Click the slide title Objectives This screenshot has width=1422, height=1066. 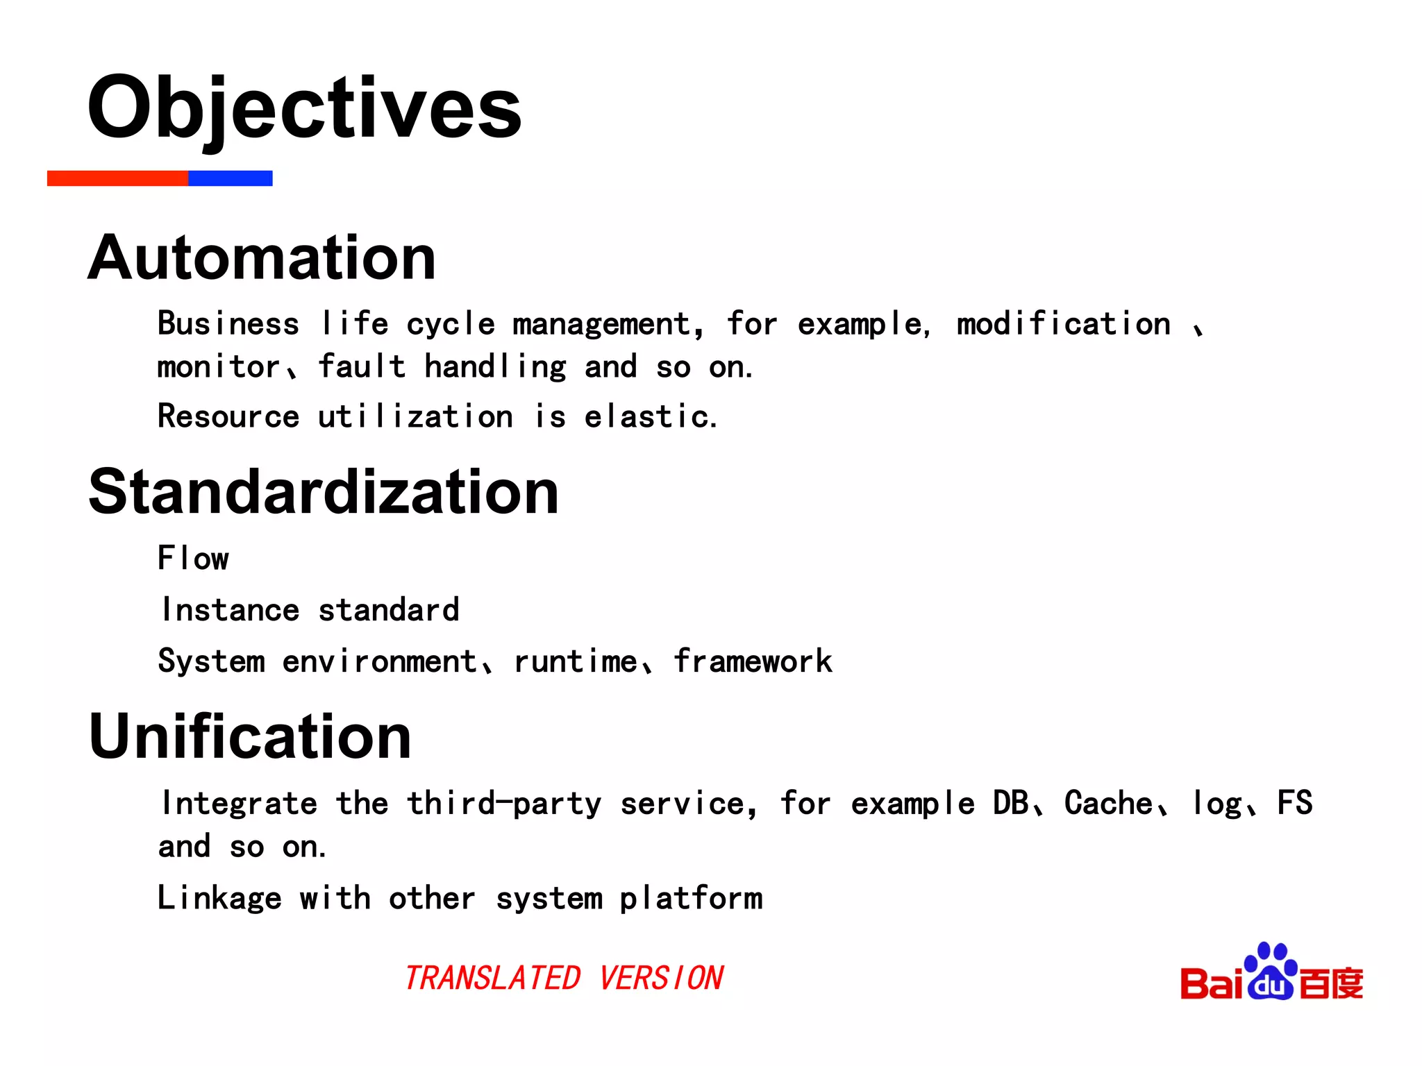tap(303, 108)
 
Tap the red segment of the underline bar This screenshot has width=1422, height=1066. tap(117, 178)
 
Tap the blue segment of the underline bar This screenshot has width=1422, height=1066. tap(230, 178)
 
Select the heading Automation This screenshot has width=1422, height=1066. tap(262, 257)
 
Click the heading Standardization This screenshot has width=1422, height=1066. tap(324, 491)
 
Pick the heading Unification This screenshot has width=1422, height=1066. tap(250, 736)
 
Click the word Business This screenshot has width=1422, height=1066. tap(228, 324)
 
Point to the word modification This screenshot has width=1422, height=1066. tap(1063, 324)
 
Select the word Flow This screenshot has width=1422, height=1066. tap(193, 558)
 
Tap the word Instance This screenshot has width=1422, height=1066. tap(230, 610)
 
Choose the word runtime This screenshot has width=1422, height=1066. tap(575, 661)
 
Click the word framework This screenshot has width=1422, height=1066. tap(753, 661)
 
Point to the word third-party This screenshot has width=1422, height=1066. tap(504, 804)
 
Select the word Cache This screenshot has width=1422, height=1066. tap(1108, 804)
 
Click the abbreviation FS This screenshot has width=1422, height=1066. tap(1295, 804)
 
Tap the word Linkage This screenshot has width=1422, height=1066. tap(219, 898)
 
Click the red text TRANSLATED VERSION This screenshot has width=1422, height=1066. tap(564, 979)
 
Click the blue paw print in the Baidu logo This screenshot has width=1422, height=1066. tap(1271, 972)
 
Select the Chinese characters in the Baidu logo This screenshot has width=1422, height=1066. tap(1331, 983)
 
